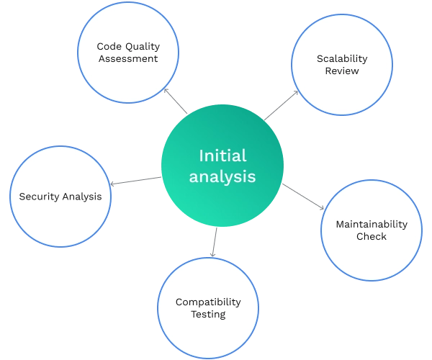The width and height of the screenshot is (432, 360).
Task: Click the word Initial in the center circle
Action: (222, 156)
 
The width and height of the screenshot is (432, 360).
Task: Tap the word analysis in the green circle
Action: (222, 176)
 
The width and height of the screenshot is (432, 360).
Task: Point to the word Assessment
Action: (128, 58)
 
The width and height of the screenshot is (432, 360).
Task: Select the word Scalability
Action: (342, 58)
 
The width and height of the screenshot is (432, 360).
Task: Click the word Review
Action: (342, 71)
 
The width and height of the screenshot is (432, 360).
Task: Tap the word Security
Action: (39, 196)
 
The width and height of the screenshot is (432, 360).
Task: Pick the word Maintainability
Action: (372, 224)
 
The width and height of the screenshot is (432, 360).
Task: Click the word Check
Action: (372, 236)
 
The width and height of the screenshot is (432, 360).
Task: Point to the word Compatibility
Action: (208, 302)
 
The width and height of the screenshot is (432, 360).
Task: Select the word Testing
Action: (208, 314)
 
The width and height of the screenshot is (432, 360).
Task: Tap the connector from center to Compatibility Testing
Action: (215, 243)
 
